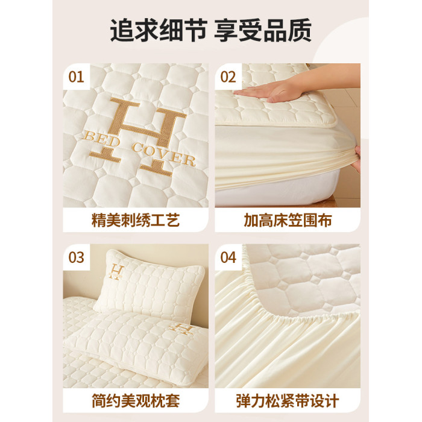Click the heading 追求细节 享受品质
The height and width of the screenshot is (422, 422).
tap(211, 30)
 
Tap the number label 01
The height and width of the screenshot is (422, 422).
tap(76, 77)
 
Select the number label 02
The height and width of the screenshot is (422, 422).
tap(228, 77)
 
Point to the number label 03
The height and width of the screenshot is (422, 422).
tap(76, 257)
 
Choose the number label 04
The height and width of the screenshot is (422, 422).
tap(228, 257)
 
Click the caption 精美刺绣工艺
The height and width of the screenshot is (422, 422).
tap(136, 221)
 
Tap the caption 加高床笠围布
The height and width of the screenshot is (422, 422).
tap(288, 221)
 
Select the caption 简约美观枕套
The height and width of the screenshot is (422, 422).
tap(136, 401)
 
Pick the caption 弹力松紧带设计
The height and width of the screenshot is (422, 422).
tap(288, 401)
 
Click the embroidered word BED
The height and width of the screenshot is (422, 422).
tap(101, 139)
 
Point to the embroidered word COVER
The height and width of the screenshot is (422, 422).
tap(163, 156)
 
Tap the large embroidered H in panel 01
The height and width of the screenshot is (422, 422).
tap(138, 137)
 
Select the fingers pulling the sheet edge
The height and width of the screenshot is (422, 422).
tap(357, 159)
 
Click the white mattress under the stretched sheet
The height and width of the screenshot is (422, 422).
tap(277, 192)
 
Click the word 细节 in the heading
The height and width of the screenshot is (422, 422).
tap(183, 30)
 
